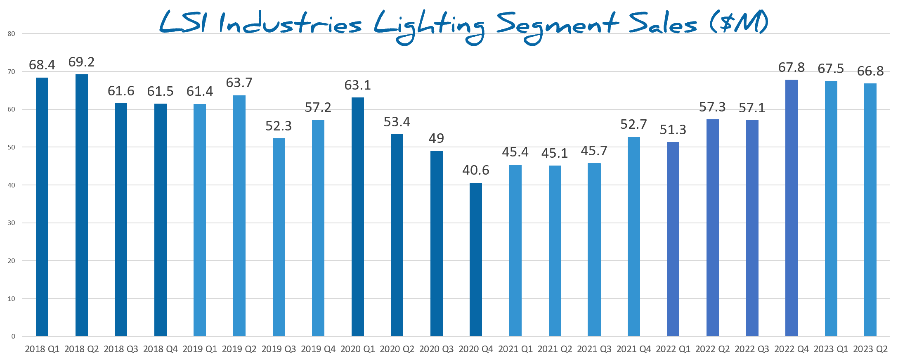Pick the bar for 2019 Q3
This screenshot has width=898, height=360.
[x=279, y=237]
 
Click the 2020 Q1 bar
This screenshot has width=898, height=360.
[x=358, y=217]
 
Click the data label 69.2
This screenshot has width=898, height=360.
[x=82, y=62]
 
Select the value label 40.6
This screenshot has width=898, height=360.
[x=476, y=170]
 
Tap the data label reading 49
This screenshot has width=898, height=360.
[x=436, y=138]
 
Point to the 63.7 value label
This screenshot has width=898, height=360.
[x=239, y=83]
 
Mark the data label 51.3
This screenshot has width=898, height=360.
[x=673, y=130]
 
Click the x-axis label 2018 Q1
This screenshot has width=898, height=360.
[x=42, y=349]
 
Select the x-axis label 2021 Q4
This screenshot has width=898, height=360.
[x=633, y=349]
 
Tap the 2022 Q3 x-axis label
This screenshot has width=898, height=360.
[x=752, y=349]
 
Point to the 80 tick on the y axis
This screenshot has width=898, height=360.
[x=12, y=34]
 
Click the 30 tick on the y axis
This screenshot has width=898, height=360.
[x=12, y=223]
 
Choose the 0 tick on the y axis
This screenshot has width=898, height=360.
[x=13, y=336]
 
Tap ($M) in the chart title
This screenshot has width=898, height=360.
[x=739, y=23]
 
